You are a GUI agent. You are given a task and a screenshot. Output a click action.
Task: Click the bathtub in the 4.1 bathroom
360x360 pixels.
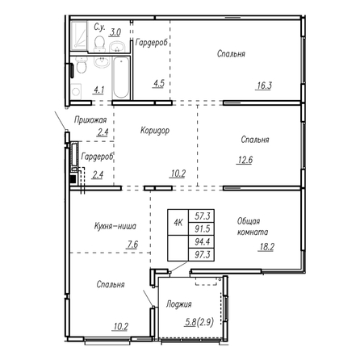pyautogui.click(x=121, y=77)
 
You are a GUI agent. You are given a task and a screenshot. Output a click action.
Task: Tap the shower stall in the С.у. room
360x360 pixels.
pyautogui.click(x=79, y=36)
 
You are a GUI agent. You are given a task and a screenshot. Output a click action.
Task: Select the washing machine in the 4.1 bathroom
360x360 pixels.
pyautogui.click(x=76, y=91)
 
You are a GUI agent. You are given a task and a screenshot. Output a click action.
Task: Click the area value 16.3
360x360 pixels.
pyautogui.click(x=264, y=86)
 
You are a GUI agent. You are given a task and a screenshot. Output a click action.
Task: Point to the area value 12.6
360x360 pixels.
pyautogui.click(x=245, y=160)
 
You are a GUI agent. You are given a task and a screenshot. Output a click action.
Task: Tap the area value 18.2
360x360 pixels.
pyautogui.click(x=266, y=247)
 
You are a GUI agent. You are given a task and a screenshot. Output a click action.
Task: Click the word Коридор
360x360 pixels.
pyautogui.click(x=155, y=130)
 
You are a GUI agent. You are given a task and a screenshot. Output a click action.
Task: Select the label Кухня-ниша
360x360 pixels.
pyautogui.click(x=115, y=226)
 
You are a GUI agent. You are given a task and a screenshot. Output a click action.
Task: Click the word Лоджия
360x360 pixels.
pyautogui.click(x=179, y=304)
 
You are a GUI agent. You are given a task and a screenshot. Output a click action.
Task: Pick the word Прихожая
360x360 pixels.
pyautogui.click(x=90, y=119)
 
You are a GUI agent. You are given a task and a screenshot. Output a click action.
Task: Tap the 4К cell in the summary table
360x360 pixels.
pyautogui.click(x=178, y=222)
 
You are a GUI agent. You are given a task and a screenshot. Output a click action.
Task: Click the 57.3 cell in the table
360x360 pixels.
pyautogui.click(x=202, y=216)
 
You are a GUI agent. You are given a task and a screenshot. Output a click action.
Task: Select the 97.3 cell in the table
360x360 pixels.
pyautogui.click(x=202, y=254)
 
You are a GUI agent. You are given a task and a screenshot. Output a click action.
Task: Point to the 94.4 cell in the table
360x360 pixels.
pyautogui.click(x=202, y=241)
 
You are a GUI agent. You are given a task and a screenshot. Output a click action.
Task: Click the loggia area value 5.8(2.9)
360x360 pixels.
pyautogui.click(x=199, y=322)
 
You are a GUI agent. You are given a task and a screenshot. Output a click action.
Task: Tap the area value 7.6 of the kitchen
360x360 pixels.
pyautogui.click(x=132, y=245)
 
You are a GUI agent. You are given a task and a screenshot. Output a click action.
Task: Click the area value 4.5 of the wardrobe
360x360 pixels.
pyautogui.click(x=158, y=83)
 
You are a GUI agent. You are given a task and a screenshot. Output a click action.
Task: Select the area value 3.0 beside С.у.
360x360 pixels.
pyautogui.click(x=115, y=32)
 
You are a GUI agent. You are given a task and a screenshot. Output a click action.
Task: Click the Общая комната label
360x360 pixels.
pyautogui.click(x=253, y=227)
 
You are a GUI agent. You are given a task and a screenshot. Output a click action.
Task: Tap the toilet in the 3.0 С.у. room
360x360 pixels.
pyautogui.click(x=99, y=44)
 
